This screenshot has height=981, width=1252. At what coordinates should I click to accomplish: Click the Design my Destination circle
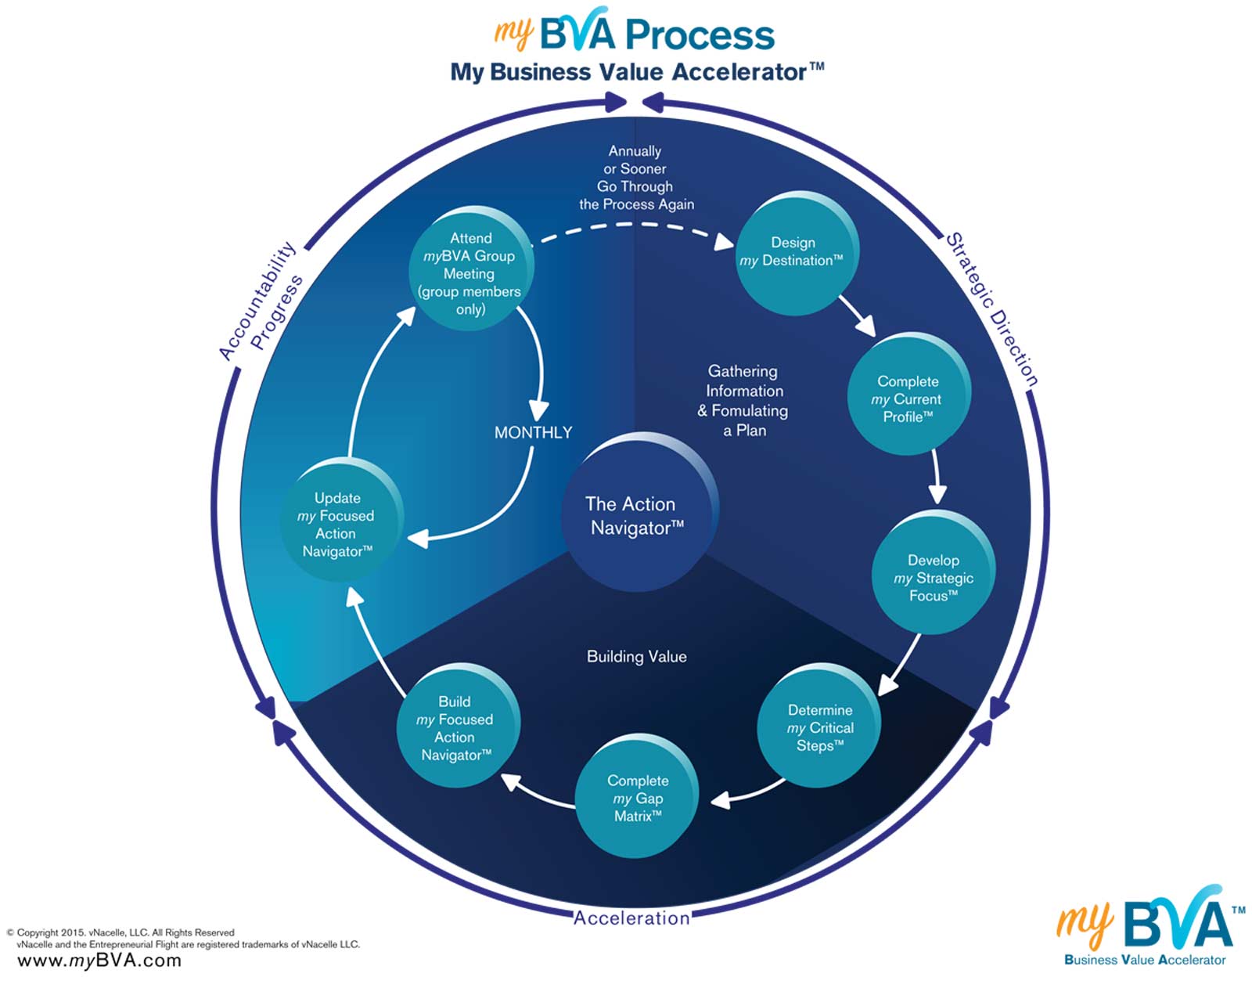[797, 254]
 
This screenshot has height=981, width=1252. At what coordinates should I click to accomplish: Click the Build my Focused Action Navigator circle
[458, 725]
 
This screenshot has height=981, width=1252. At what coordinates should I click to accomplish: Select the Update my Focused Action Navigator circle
[342, 520]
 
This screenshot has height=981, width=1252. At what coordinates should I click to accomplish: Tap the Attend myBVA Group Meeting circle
[471, 269]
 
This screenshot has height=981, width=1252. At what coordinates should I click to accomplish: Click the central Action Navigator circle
[639, 513]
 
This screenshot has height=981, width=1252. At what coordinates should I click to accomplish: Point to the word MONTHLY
[533, 432]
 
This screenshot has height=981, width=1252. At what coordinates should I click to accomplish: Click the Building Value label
[637, 657]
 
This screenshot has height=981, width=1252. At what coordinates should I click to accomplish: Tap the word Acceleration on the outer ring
[631, 918]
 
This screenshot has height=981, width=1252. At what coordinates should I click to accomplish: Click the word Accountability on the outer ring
[257, 301]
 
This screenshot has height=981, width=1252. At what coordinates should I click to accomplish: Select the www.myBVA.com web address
[99, 960]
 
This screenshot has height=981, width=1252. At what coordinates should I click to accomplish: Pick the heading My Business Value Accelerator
[637, 72]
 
